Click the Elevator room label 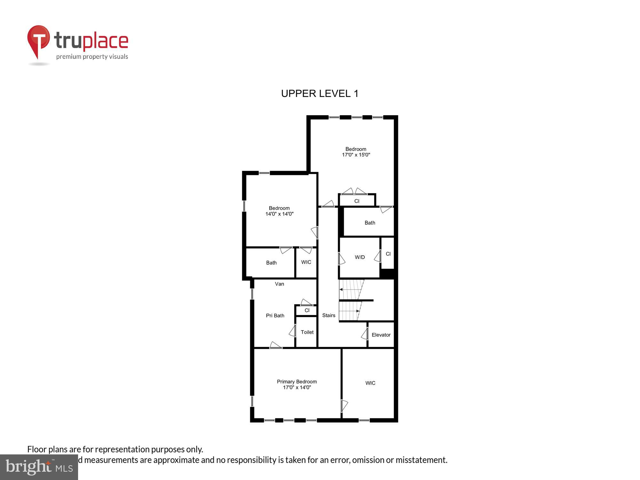381,335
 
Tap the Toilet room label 307,332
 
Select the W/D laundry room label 360,257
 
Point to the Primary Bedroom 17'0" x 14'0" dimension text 297,388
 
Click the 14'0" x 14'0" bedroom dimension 279,214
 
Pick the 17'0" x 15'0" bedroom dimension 356,155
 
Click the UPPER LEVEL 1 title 320,93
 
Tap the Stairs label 329,316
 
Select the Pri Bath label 275,316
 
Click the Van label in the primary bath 279,284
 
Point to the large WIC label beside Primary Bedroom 370,383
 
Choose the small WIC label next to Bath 306,262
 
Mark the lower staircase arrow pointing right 357,311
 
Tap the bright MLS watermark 39,467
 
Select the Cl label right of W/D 388,254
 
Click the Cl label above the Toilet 307,310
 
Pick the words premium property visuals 92,57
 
